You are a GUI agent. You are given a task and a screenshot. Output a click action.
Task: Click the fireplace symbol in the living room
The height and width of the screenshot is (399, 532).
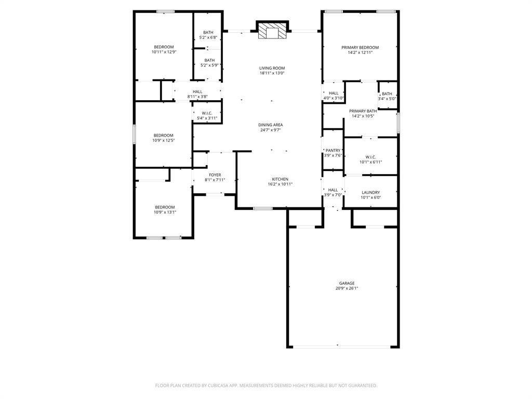272,31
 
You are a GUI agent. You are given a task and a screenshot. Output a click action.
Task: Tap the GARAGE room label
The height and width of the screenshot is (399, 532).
347,283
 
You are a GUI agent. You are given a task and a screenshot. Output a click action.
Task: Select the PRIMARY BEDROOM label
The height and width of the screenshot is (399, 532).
360,47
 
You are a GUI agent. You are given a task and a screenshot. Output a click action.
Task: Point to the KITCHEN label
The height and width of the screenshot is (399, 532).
280,179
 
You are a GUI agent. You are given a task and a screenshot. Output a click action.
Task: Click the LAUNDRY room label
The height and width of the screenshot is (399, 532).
370,192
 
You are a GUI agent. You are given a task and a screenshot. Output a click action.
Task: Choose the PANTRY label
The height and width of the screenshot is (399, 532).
332,150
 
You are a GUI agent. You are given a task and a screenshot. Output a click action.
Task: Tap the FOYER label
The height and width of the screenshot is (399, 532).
215,175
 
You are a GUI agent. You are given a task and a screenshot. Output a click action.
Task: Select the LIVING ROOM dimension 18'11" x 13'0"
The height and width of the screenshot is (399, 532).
272,73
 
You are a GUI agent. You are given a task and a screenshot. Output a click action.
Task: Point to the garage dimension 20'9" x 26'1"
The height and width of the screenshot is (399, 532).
347,288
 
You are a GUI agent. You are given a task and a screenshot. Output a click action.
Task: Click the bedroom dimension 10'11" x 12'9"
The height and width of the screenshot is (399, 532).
164,52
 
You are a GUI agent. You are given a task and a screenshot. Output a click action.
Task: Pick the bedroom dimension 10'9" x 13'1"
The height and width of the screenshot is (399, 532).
164,212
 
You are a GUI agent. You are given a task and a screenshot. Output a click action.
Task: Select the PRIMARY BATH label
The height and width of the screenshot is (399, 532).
363,111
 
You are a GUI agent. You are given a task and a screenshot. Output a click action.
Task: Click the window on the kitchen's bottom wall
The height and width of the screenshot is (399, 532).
263,208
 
